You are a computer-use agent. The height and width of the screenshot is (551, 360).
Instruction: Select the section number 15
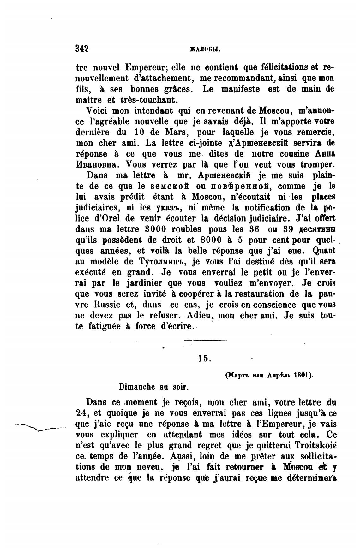pos(205,358)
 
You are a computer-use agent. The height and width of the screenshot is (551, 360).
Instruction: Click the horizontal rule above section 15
pos(205,340)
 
